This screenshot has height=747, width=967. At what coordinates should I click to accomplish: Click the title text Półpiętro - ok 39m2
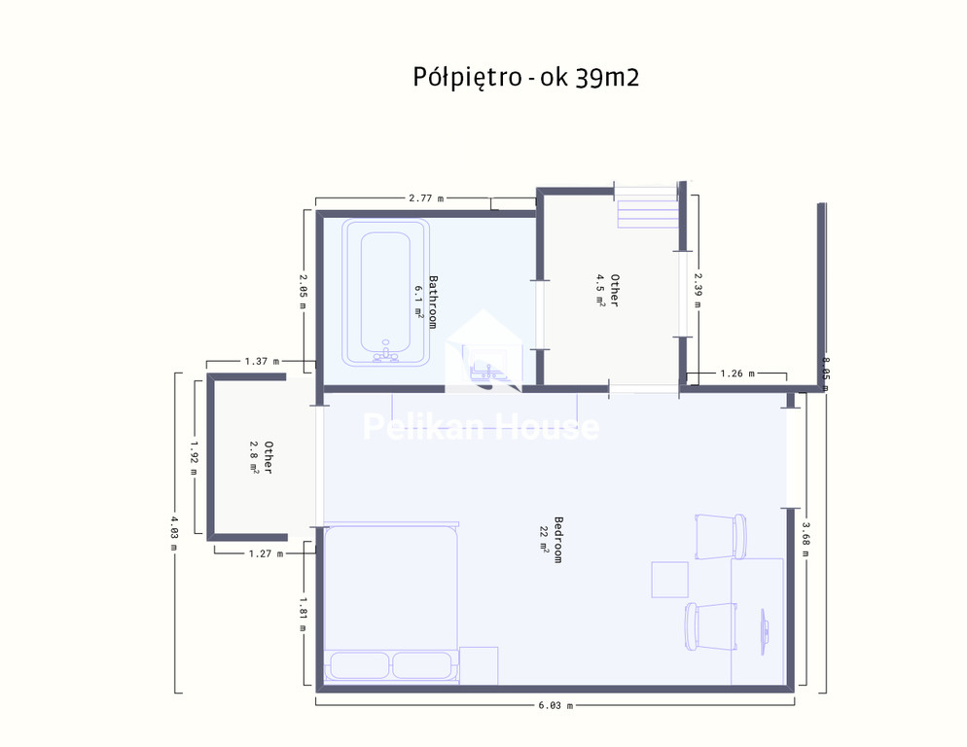(x=525, y=78)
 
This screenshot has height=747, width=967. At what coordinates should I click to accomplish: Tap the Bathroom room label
(x=433, y=302)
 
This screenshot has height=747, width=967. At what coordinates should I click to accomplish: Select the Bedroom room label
(x=558, y=540)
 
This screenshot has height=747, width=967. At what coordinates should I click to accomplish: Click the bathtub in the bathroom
(x=386, y=293)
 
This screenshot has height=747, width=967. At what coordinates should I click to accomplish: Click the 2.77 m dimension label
(x=426, y=198)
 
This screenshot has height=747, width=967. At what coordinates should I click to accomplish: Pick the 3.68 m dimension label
(x=806, y=539)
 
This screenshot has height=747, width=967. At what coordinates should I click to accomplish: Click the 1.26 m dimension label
(x=737, y=373)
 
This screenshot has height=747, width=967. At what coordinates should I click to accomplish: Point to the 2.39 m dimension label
(x=698, y=291)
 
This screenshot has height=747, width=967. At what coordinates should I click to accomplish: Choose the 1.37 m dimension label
(x=262, y=362)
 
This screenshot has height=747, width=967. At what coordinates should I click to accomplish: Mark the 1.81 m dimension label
(x=303, y=614)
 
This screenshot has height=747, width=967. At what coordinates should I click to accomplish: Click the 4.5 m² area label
(x=600, y=290)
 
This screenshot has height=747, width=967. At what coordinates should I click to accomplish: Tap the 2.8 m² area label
(x=254, y=457)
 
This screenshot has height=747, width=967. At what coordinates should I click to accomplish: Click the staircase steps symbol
(x=647, y=206)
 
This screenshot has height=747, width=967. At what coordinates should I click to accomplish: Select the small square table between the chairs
(x=669, y=580)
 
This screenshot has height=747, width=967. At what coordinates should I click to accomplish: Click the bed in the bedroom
(x=391, y=603)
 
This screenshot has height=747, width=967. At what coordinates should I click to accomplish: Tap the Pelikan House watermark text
(x=481, y=427)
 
